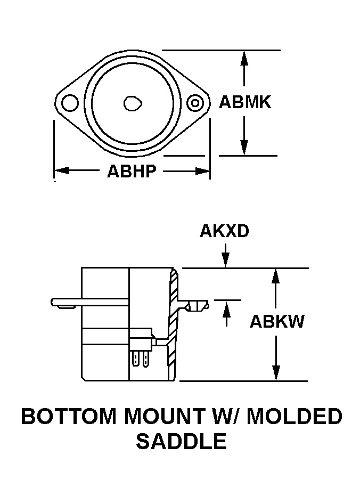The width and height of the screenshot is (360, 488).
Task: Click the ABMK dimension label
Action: click(245, 102)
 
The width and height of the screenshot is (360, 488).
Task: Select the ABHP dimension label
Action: click(131, 172)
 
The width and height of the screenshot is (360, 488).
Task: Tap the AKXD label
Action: click(224, 231)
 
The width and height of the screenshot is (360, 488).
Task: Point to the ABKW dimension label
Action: click(277, 322)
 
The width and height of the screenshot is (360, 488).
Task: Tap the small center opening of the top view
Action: click(132, 103)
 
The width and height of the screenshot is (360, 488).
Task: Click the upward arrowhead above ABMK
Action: click(244, 58)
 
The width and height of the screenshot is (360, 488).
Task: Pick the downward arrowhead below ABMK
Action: click(244, 148)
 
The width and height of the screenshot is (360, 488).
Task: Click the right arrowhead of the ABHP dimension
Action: click(203, 171)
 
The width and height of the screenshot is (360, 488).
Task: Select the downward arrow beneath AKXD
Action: click(226, 259)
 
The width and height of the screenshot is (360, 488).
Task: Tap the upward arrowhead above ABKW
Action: click(275, 276)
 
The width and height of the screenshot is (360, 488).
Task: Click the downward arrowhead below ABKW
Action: click(275, 373)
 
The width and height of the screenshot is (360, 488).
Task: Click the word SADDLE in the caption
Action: click(181, 441)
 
